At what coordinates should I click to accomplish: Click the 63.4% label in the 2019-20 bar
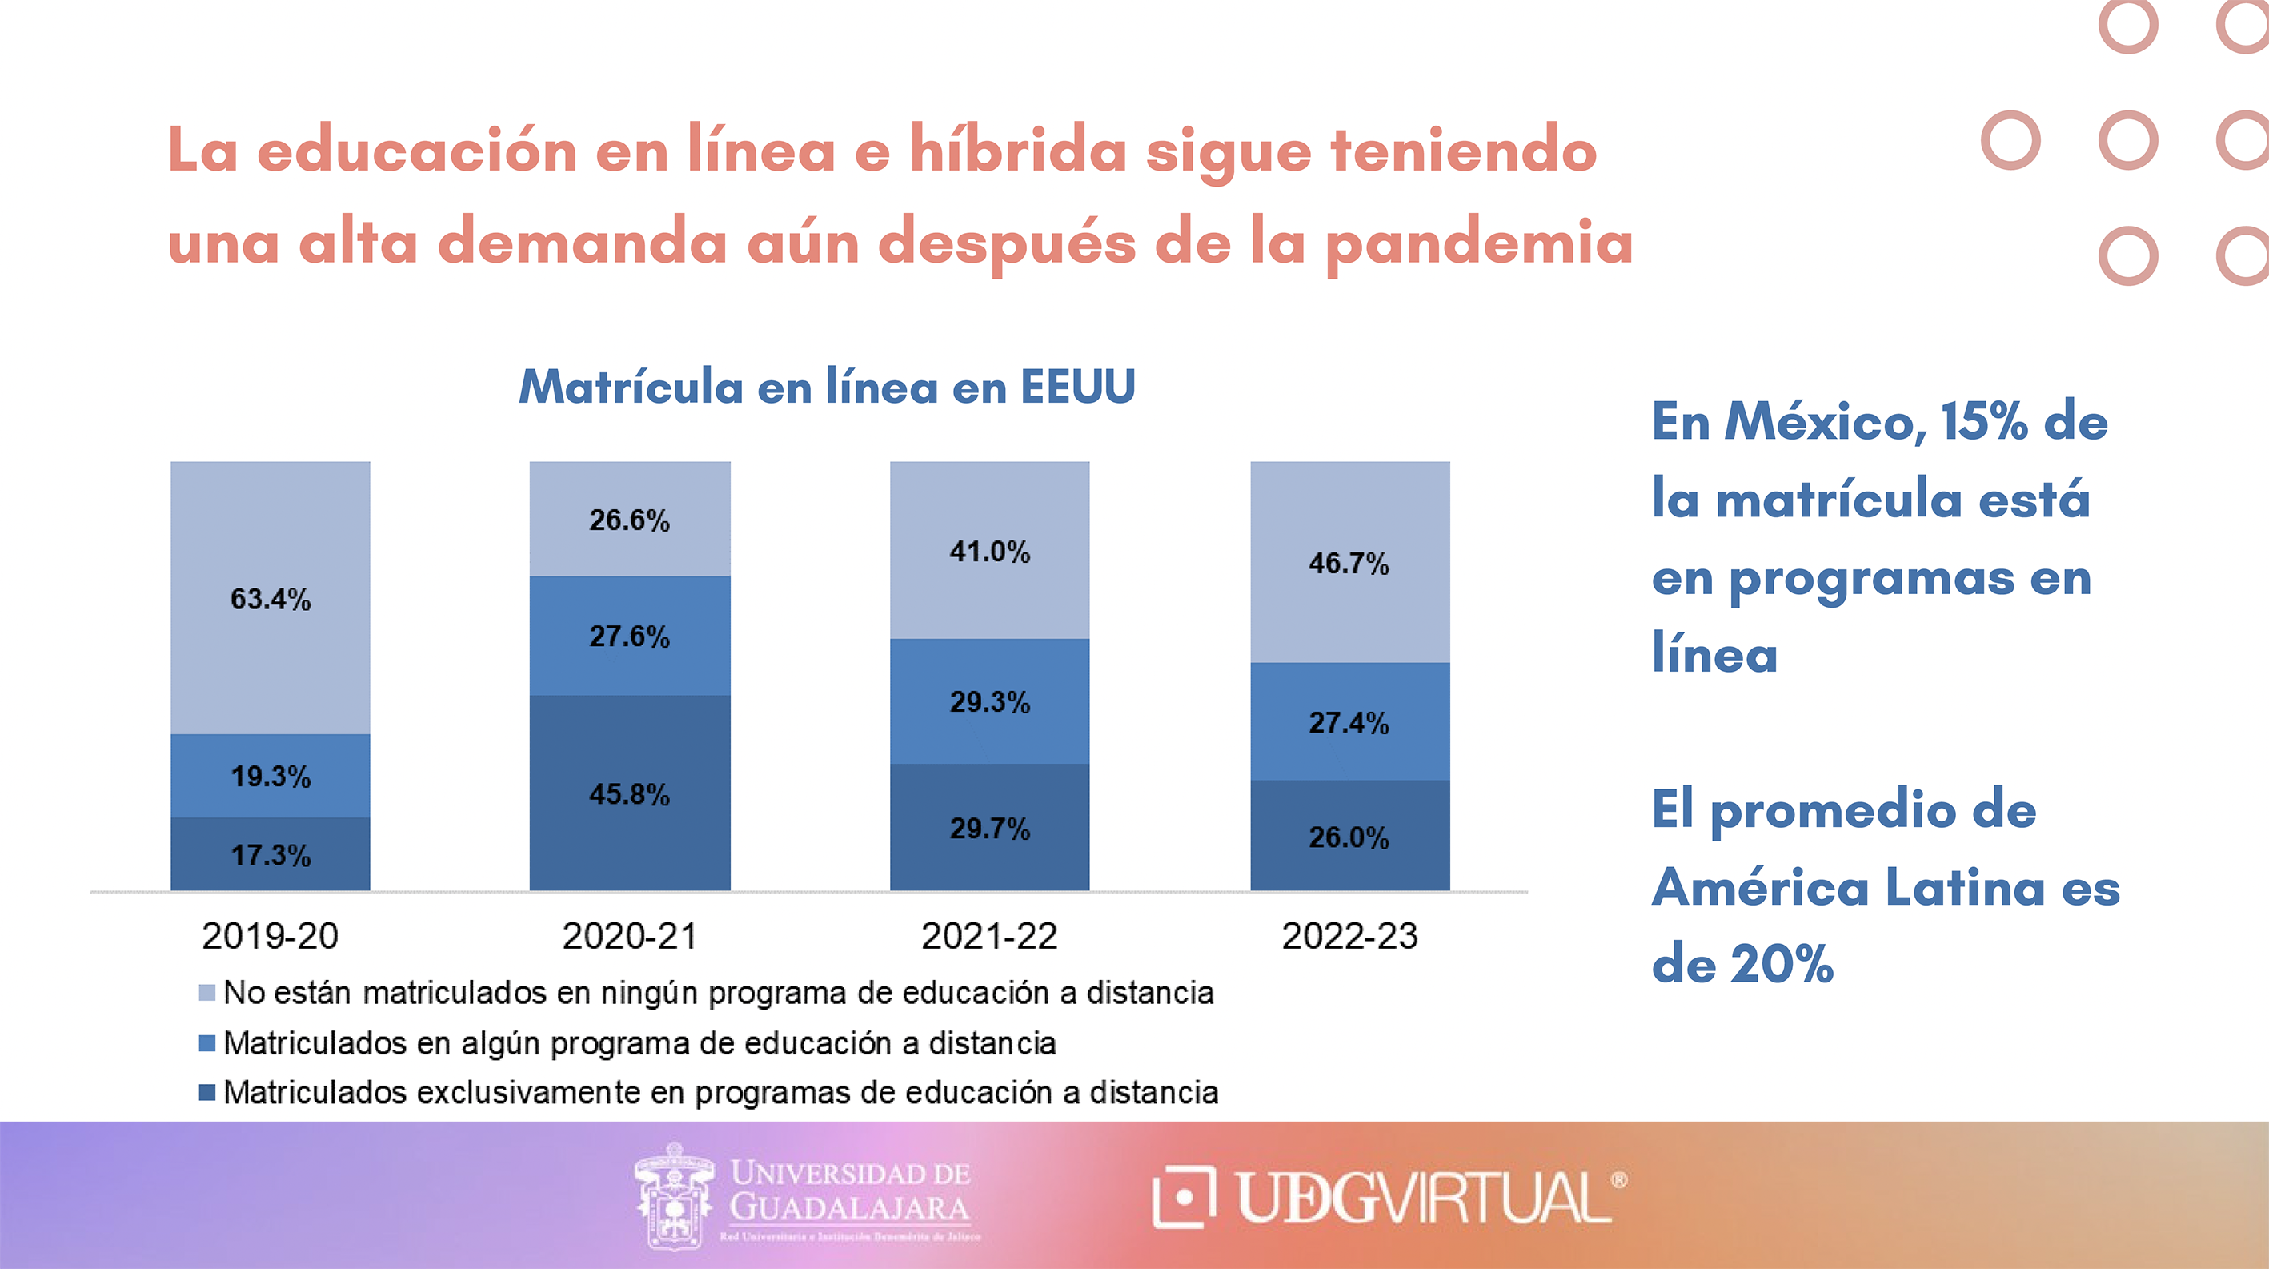(271, 599)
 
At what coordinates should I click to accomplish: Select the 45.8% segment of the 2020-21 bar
(629, 793)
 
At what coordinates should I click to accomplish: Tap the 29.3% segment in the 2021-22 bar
(989, 701)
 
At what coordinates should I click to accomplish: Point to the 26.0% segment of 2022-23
(1349, 837)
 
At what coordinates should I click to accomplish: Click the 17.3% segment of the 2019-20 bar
(271, 854)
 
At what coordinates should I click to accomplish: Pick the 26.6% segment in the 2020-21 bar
(629, 520)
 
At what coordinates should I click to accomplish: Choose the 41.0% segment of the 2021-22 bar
(989, 552)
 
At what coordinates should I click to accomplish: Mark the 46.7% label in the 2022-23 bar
(1349, 563)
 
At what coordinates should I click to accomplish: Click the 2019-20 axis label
(270, 936)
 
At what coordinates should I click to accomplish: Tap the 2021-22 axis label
(989, 936)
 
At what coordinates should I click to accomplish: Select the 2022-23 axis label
(1349, 936)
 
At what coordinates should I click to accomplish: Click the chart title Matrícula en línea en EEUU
(826, 387)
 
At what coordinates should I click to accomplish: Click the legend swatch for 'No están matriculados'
(207, 993)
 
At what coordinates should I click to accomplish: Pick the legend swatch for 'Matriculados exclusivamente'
(207, 1093)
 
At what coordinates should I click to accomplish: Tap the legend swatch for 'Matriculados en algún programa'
(207, 1043)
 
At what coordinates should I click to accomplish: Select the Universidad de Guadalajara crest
(674, 1196)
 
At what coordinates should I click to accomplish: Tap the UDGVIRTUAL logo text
(1422, 1199)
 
